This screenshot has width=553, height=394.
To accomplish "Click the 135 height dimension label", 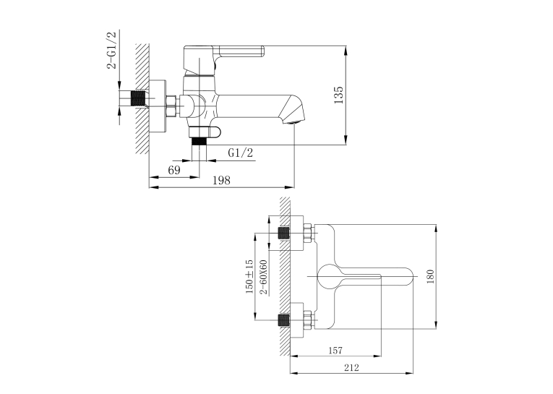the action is [338, 95].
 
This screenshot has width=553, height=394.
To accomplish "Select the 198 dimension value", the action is [221, 180].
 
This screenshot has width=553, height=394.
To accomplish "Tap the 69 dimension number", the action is [174, 170].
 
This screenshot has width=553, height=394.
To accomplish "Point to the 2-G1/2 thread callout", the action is [111, 51].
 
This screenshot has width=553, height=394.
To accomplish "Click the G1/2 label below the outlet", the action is [241, 153].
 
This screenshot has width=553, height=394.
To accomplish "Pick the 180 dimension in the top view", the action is [430, 277].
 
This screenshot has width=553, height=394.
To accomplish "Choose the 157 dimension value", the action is [335, 351].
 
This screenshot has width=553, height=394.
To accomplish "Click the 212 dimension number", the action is [351, 368].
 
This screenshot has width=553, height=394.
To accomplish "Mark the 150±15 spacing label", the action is [249, 277].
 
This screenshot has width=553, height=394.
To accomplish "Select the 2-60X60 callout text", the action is [263, 278].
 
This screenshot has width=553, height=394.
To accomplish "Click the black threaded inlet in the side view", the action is [138, 98].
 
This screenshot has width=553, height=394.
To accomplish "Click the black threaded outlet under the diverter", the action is [199, 141].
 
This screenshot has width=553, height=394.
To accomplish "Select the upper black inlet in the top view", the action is [283, 234].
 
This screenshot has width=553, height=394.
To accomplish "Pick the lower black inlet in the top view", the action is [283, 320].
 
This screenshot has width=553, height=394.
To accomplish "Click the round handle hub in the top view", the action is [329, 276].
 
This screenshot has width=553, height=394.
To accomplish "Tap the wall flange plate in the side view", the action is [158, 106].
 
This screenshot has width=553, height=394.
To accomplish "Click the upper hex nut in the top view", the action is [309, 234].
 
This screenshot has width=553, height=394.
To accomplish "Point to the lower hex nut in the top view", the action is [309, 320].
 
